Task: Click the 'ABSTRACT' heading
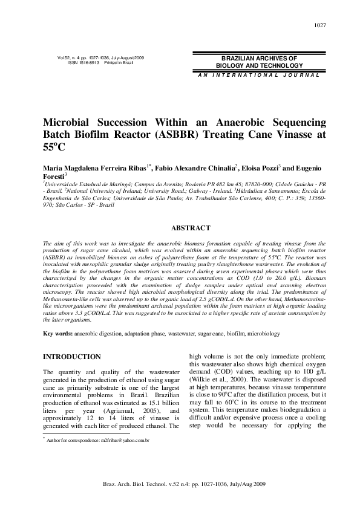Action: click(x=191, y=228)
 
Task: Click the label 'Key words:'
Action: click(x=58, y=334)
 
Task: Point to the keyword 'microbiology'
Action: click(x=263, y=334)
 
